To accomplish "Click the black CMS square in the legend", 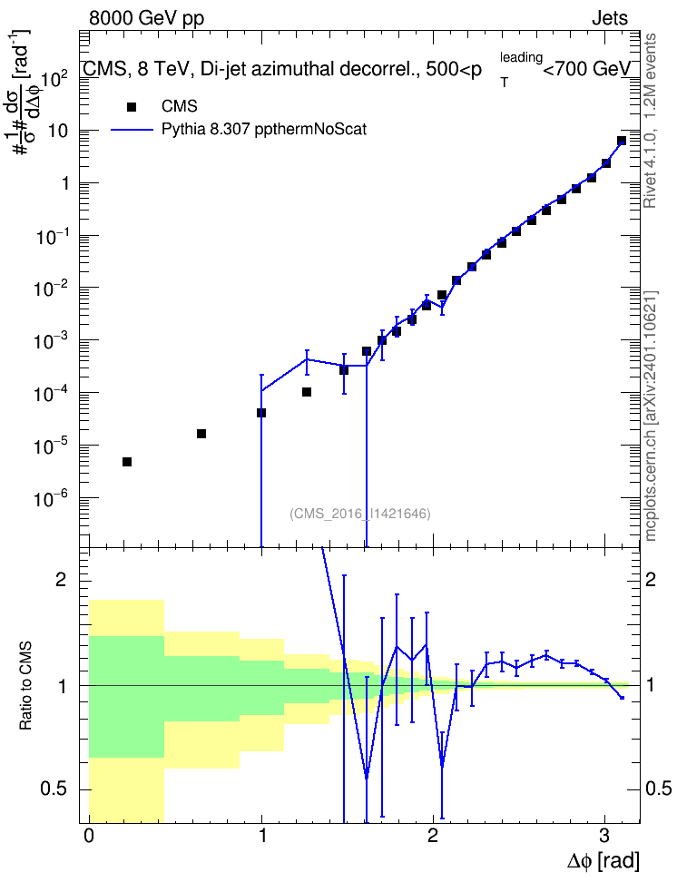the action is click(x=132, y=107).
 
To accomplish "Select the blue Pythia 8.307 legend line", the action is click(x=132, y=130).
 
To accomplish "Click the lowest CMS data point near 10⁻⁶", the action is click(x=127, y=462).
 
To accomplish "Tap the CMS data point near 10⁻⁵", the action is click(x=201, y=434).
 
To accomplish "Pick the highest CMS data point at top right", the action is click(x=622, y=141).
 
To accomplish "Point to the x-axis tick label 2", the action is click(x=433, y=836).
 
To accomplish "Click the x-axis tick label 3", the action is click(x=604, y=836).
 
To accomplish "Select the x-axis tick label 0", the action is click(x=89, y=836).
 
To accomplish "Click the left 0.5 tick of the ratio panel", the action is click(x=54, y=789).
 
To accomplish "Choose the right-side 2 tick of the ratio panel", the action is click(x=651, y=580).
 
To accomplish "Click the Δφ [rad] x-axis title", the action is click(x=603, y=861).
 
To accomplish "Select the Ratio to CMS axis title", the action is click(x=25, y=685).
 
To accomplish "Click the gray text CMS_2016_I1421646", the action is click(x=360, y=514).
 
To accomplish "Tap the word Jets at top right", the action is click(x=610, y=18).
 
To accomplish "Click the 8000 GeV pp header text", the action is click(x=146, y=18).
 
